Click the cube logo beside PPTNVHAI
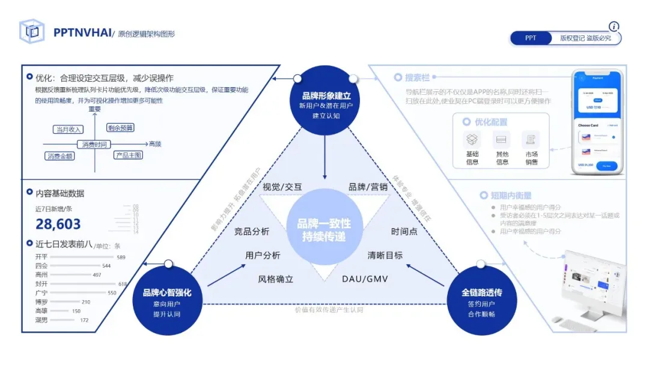(32, 32)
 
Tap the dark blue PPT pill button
(531, 38)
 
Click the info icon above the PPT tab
(614, 26)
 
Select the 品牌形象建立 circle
(326, 100)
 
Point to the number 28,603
(58, 225)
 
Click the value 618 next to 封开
(123, 284)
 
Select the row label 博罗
(41, 302)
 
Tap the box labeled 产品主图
(128, 155)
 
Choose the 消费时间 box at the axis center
(94, 145)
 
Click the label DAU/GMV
(365, 279)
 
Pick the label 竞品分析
(251, 232)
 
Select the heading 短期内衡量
(511, 196)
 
